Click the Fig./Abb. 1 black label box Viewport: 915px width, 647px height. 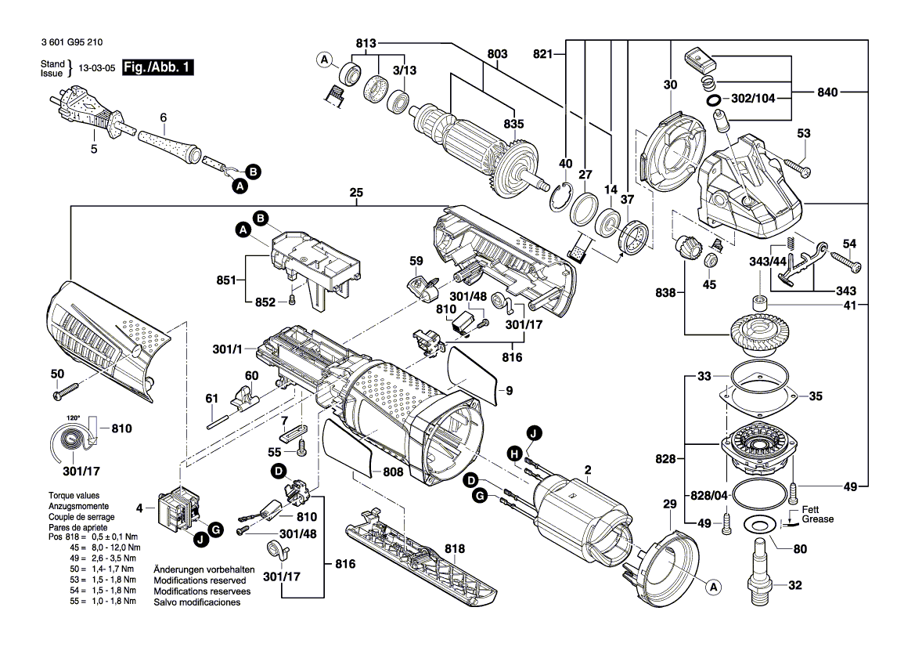coord(157,67)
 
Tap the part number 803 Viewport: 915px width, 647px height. coord(497,54)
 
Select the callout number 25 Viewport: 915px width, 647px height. coord(356,192)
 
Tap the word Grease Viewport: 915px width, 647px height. coord(817,519)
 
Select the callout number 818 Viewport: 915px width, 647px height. coord(455,548)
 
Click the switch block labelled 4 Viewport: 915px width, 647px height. coord(178,508)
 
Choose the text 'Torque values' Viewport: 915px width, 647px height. coord(74,495)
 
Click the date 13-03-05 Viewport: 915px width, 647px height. coord(97,67)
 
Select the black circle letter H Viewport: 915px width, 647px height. coord(514,454)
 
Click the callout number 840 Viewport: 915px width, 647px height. coord(827,92)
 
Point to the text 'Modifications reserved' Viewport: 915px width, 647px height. coord(200,580)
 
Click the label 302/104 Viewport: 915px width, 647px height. coord(753,98)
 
